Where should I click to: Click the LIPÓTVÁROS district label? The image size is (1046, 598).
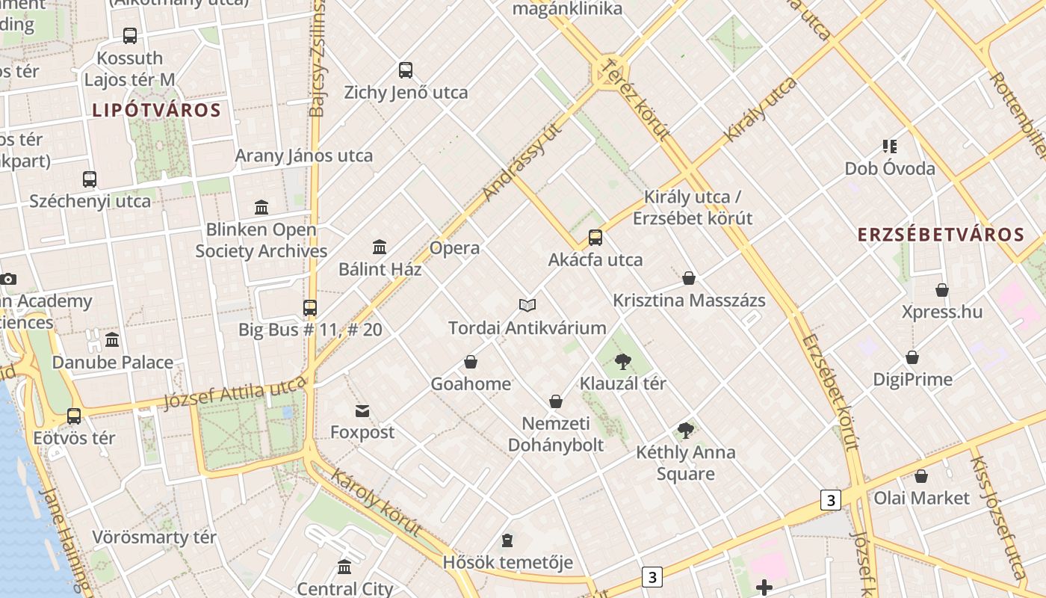pyautogui.click(x=157, y=111)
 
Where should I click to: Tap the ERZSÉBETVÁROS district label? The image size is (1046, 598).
pyautogui.click(x=941, y=235)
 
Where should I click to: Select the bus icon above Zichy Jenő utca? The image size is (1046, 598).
pyautogui.click(x=406, y=70)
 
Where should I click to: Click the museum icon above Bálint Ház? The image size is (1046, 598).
pyautogui.click(x=380, y=247)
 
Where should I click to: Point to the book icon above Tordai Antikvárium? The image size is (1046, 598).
pyautogui.click(x=527, y=305)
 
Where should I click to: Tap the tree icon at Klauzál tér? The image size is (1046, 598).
pyautogui.click(x=622, y=362)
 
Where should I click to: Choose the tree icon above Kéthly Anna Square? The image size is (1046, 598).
pyautogui.click(x=685, y=430)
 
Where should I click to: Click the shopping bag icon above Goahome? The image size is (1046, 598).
pyautogui.click(x=471, y=362)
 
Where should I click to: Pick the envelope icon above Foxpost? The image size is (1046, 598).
pyautogui.click(x=362, y=410)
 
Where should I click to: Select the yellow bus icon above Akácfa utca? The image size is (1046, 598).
pyautogui.click(x=595, y=238)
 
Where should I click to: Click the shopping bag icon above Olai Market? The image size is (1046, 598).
pyautogui.click(x=921, y=476)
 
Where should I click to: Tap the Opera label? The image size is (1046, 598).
pyautogui.click(x=454, y=248)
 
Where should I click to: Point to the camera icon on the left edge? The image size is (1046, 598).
pyautogui.click(x=8, y=279)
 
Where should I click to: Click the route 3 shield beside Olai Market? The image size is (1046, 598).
pyautogui.click(x=830, y=499)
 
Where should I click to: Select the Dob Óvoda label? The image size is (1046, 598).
pyautogui.click(x=890, y=168)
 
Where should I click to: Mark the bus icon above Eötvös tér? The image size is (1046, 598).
pyautogui.click(x=74, y=416)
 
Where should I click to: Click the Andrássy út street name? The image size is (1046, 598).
pyautogui.click(x=522, y=162)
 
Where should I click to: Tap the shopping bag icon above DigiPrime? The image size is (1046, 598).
pyautogui.click(x=912, y=357)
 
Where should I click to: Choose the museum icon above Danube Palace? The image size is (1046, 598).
pyautogui.click(x=112, y=340)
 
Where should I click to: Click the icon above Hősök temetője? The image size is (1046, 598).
pyautogui.click(x=507, y=540)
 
